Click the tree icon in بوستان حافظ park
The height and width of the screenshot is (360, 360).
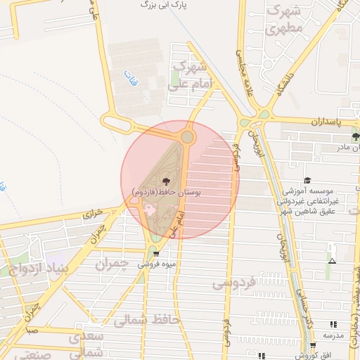click(x=166, y=181)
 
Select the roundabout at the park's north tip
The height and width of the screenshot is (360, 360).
click(x=187, y=136)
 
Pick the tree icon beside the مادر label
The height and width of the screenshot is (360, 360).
click(x=356, y=136)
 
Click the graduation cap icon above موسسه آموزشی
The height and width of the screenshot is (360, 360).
click(x=307, y=181)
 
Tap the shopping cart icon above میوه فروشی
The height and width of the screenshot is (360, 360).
click(x=156, y=254)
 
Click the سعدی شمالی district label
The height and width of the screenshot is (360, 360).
click(x=86, y=344)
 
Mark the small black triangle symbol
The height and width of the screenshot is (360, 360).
click(x=331, y=262)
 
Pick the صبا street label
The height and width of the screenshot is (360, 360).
click(x=32, y=329)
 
